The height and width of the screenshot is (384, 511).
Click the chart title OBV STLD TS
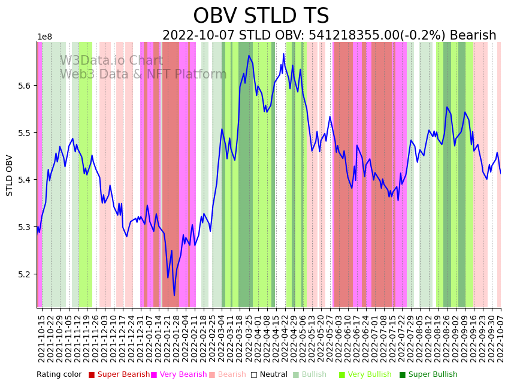point(261,16)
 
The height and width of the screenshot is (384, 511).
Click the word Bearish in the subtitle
point(467,36)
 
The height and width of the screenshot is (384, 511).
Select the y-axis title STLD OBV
point(10,175)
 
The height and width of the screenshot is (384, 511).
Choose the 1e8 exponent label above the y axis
point(44,37)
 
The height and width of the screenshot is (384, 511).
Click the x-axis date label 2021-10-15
point(41,338)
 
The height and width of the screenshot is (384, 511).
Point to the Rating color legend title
point(59,375)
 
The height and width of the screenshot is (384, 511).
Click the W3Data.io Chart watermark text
point(111,61)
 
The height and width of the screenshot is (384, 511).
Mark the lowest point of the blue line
point(174,295)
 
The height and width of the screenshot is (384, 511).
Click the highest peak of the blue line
point(283,54)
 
